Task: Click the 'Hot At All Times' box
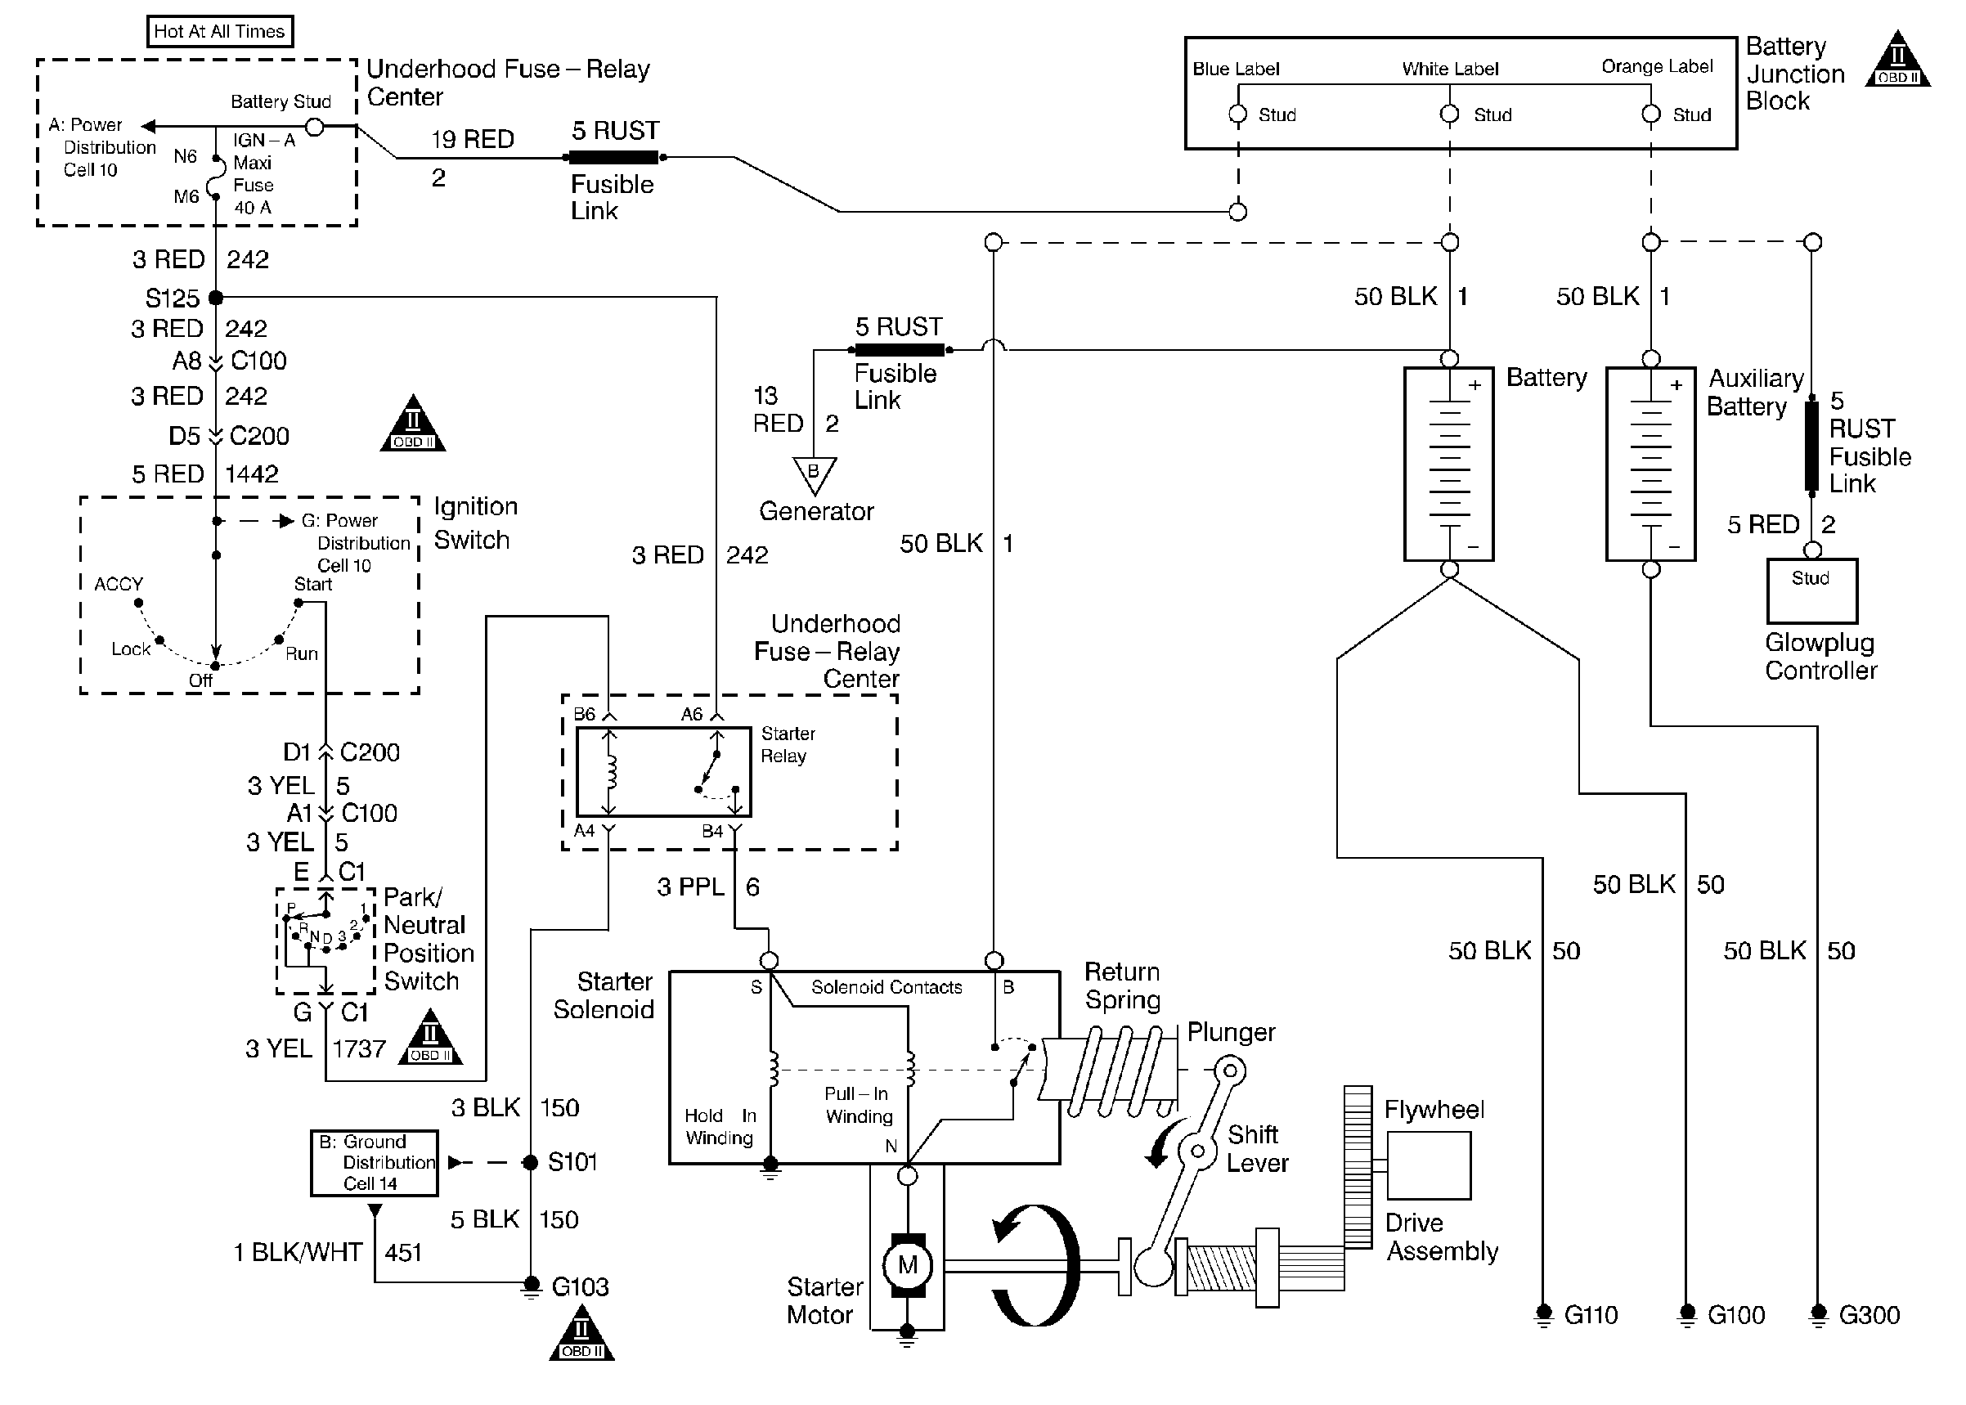219,32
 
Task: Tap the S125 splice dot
216,298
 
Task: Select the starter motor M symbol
906,1265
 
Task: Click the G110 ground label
1591,1315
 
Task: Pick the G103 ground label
580,1286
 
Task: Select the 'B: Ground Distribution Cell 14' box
375,1163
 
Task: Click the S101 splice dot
531,1163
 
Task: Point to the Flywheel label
1433,1109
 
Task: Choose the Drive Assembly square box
1428,1165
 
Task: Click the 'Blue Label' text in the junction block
1235,70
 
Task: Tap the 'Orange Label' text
1656,66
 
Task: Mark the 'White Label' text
1450,70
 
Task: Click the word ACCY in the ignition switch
119,584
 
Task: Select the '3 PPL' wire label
690,887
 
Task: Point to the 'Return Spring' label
1122,985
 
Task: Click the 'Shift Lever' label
1256,1148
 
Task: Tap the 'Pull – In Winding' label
858,1105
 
